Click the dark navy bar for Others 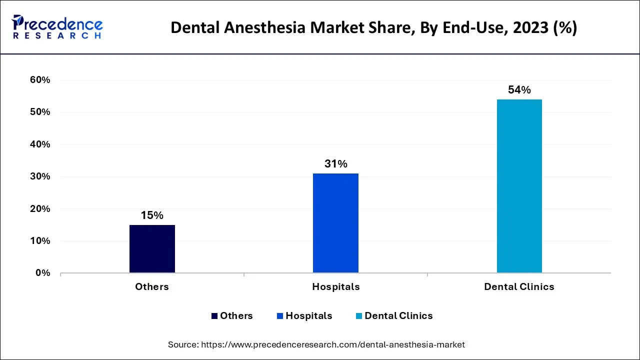click(x=152, y=248)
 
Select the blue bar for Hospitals click(x=335, y=223)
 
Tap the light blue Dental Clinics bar click(x=519, y=186)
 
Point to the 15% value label click(x=152, y=215)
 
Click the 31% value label click(x=335, y=164)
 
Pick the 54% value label click(x=519, y=90)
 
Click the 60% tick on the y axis click(x=40, y=80)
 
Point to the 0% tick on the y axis click(x=43, y=273)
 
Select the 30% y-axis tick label click(x=40, y=176)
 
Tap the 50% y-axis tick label click(x=40, y=112)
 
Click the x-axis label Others click(x=152, y=286)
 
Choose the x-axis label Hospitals click(x=335, y=286)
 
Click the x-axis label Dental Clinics click(x=519, y=286)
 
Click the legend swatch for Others click(x=214, y=316)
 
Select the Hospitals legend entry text click(x=308, y=316)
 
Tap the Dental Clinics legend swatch click(x=359, y=316)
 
